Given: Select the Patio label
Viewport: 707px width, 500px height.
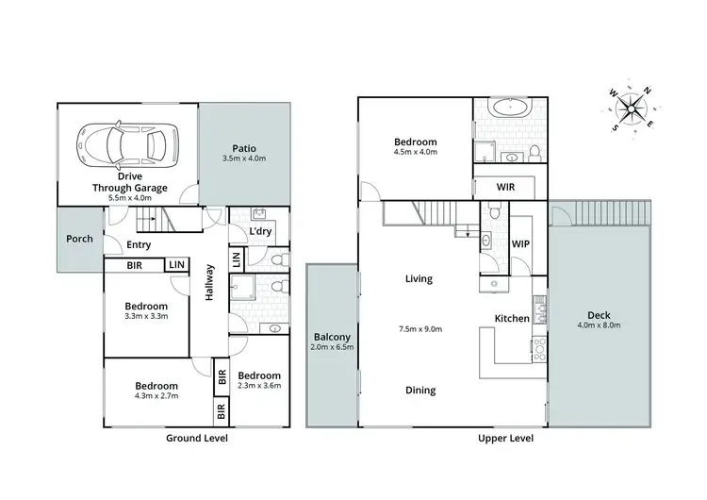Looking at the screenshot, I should point(244,148).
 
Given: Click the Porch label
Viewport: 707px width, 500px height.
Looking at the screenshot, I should point(79,239).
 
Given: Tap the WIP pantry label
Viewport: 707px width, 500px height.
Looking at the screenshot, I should point(520,243).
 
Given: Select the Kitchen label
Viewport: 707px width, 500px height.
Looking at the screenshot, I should point(512,319).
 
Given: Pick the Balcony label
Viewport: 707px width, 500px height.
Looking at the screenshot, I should point(332,337).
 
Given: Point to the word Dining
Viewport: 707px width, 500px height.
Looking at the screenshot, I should point(419,391).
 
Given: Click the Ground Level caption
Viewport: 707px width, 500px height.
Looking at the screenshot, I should point(197,439).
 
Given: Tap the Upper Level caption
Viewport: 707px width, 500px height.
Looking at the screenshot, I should point(507,439).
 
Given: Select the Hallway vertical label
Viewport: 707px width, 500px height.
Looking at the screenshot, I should point(210,282).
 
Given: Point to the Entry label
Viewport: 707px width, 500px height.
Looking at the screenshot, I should point(140,244).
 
